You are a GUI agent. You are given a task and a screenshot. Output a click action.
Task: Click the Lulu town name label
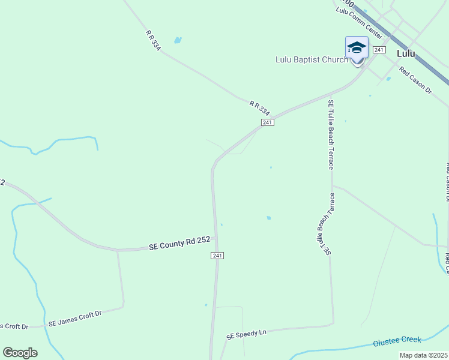click(406, 53)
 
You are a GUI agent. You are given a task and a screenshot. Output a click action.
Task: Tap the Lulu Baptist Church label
click(311, 59)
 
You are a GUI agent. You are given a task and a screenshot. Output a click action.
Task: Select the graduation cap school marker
click(357, 48)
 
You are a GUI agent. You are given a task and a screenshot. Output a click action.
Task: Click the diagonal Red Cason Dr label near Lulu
click(415, 82)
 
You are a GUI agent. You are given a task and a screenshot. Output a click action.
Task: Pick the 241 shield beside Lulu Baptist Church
click(378, 50)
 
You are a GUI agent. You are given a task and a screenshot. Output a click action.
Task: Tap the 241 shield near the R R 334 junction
click(268, 122)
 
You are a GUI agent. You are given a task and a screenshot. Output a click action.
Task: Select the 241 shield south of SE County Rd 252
click(217, 256)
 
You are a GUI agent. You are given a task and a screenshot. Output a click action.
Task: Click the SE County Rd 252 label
click(179, 243)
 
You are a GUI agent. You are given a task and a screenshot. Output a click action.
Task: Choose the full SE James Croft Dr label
click(76, 318)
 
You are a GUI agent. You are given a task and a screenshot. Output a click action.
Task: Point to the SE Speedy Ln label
click(246, 334)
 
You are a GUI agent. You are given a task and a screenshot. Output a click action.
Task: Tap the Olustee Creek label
click(397, 341)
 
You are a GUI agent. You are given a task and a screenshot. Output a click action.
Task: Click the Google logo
click(20, 353)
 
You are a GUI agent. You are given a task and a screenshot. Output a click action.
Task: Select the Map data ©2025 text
click(423, 355)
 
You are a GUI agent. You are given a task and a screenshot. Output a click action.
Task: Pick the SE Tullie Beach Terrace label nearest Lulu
click(330, 134)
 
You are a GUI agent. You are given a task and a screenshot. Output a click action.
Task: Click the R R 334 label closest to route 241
click(260, 108)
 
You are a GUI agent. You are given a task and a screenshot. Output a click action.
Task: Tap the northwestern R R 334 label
click(153, 40)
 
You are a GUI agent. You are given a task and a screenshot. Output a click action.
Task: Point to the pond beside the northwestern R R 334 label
click(177, 40)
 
